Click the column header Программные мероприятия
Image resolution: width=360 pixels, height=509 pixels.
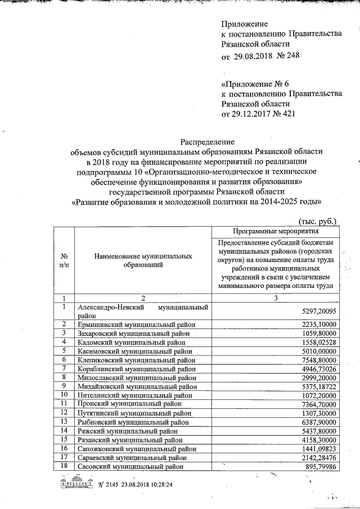pyautogui.click(x=275, y=231)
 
